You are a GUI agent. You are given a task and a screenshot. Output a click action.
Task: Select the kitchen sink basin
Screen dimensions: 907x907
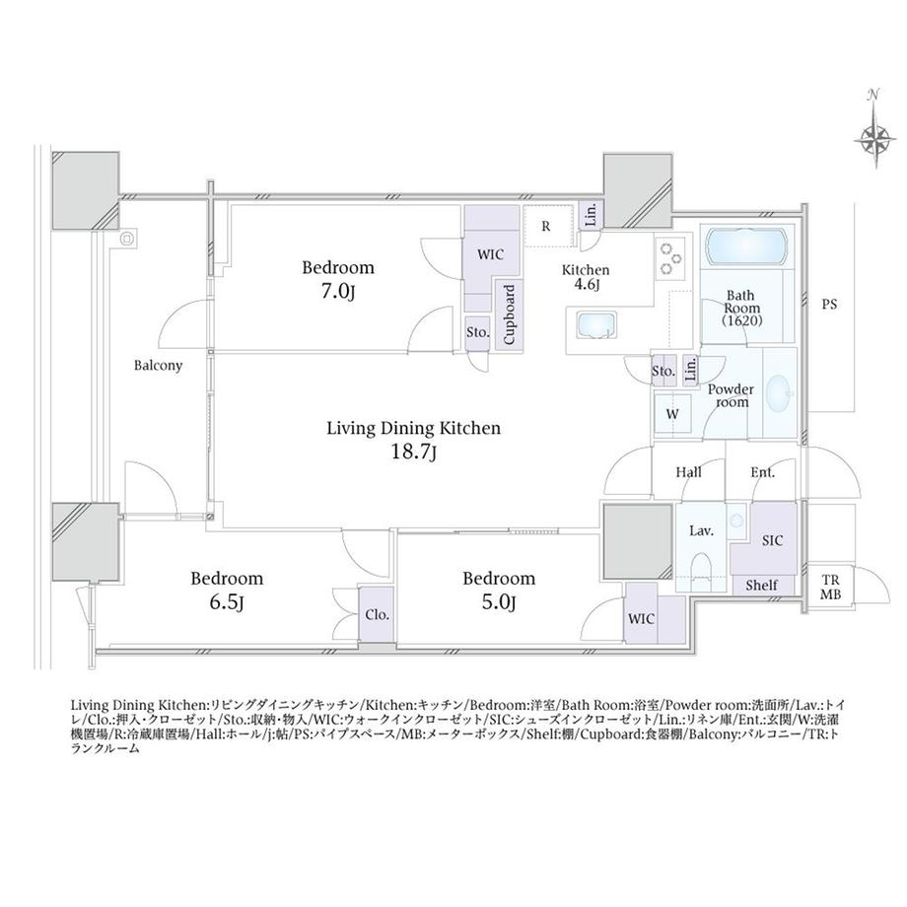coord(595,325)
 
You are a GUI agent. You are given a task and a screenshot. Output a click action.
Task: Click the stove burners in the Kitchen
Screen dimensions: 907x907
coord(671,258)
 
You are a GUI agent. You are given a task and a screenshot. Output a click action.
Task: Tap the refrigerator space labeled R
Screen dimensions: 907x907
coord(545,226)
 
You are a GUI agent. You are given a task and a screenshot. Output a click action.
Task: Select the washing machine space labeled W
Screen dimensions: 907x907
coord(672,414)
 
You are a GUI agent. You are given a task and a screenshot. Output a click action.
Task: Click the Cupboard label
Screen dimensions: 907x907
coord(509,314)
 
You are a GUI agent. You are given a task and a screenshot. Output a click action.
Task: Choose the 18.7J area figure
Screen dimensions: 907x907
coord(414,452)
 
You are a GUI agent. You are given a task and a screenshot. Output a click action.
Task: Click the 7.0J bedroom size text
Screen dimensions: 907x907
coord(338,292)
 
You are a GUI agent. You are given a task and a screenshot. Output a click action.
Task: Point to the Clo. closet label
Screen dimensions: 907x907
coord(378,615)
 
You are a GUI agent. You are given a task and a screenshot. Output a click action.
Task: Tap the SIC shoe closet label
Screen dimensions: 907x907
coord(772,540)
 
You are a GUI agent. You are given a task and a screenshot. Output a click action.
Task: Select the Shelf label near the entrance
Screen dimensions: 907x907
coord(761,586)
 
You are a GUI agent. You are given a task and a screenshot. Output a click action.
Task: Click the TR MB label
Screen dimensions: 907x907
coord(831,588)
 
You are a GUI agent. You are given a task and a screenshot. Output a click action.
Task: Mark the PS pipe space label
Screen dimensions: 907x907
coord(829,305)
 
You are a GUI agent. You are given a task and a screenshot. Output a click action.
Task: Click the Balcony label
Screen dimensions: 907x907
coord(158,366)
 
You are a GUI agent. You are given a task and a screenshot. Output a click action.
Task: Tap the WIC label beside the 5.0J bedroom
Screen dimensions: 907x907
coord(641,619)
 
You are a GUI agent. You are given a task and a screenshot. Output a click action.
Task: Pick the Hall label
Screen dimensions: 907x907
coord(688,472)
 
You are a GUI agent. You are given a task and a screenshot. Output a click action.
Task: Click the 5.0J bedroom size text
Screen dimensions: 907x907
coord(499,603)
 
